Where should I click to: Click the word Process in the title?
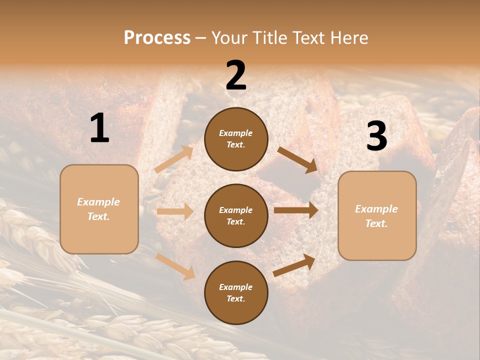click(157, 37)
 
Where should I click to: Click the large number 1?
click(99, 128)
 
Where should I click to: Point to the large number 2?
click(236, 75)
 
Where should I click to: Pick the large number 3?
click(376, 136)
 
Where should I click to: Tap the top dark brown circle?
click(236, 139)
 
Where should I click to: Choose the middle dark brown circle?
click(236, 215)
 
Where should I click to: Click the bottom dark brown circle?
click(236, 292)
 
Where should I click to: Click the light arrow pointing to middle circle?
click(175, 211)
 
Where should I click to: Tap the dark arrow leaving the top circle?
click(297, 159)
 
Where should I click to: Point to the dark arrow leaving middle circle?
click(296, 210)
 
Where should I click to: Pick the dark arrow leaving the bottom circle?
click(294, 265)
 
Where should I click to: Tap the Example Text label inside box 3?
click(376, 216)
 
